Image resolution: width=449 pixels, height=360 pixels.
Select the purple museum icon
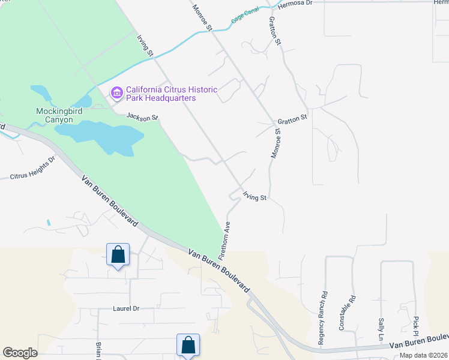pos(116,92)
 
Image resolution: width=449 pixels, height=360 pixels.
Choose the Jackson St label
pos(142,118)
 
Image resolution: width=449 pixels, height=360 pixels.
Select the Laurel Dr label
pos(126,308)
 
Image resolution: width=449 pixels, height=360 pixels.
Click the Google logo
pos(20,353)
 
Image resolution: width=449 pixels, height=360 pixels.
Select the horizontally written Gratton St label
pos(292,118)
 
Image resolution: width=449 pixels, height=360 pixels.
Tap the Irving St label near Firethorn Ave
pos(255,196)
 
